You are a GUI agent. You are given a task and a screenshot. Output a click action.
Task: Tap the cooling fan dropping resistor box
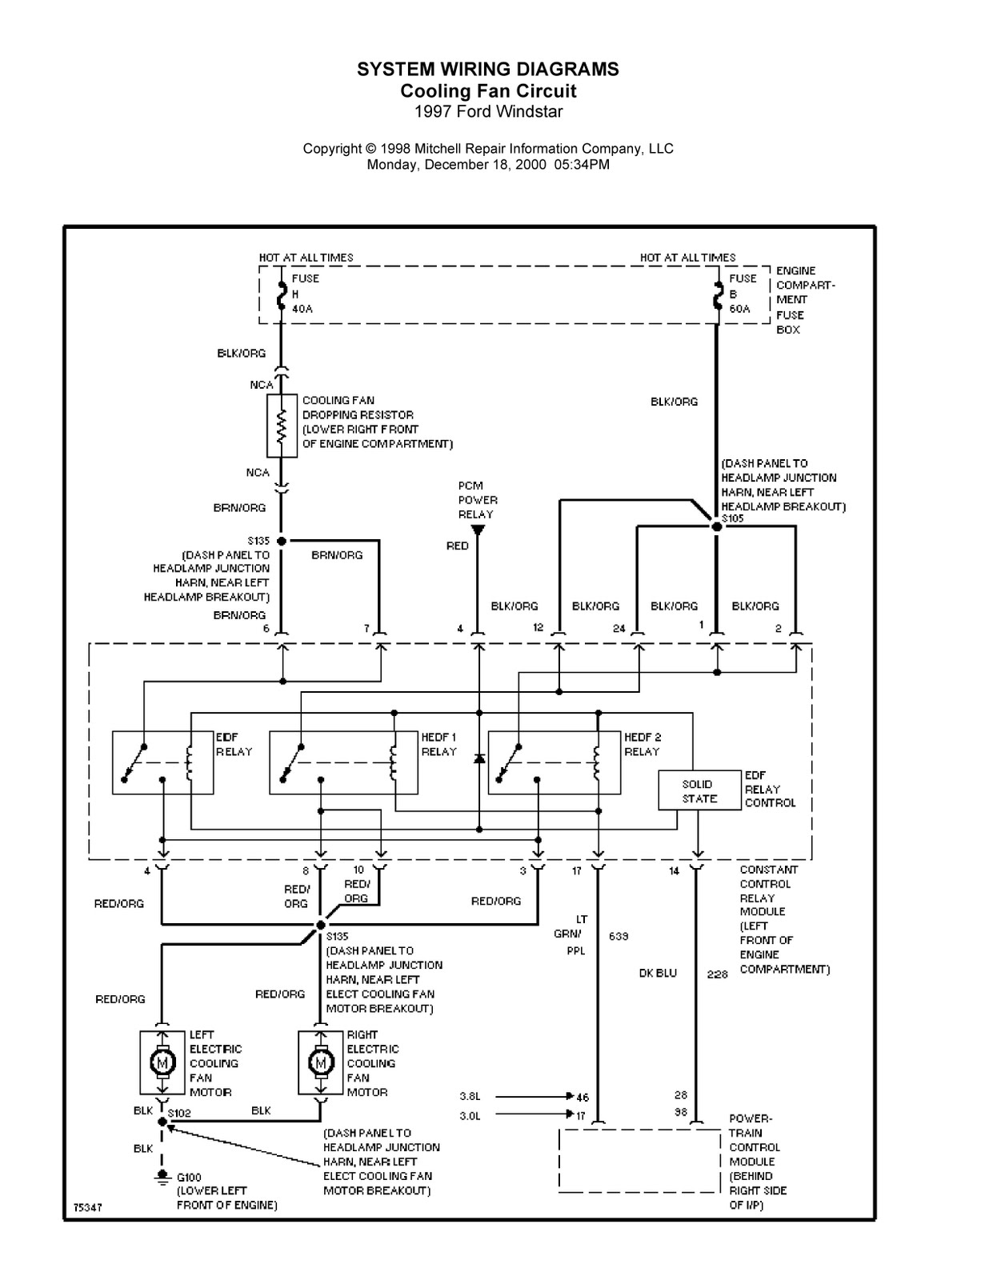(282, 426)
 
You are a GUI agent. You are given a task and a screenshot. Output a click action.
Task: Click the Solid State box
(699, 790)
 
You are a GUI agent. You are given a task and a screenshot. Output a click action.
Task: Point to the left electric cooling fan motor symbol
(163, 1063)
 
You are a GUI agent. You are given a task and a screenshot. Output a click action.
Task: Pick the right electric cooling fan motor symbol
(321, 1063)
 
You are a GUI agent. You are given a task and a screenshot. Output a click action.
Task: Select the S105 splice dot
(717, 526)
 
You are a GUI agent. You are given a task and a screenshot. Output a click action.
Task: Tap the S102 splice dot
(162, 1122)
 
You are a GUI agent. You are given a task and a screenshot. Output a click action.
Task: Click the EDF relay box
(162, 762)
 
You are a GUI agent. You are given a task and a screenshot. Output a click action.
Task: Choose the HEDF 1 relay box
(343, 762)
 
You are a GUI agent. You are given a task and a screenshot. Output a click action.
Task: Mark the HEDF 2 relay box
(554, 762)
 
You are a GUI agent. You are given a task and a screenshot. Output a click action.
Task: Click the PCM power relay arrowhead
(478, 530)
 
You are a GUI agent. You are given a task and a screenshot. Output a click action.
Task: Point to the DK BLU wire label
(658, 974)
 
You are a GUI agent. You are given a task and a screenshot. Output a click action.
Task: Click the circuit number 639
(619, 936)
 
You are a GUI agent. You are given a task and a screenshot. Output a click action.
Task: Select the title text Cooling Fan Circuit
(488, 90)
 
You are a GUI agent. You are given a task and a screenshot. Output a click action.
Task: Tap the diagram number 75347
(87, 1207)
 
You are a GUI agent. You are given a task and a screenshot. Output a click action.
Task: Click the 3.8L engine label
(470, 1097)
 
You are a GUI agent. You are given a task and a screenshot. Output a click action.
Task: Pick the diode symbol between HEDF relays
(478, 758)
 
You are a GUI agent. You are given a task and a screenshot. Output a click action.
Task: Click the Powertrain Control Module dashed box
(639, 1161)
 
